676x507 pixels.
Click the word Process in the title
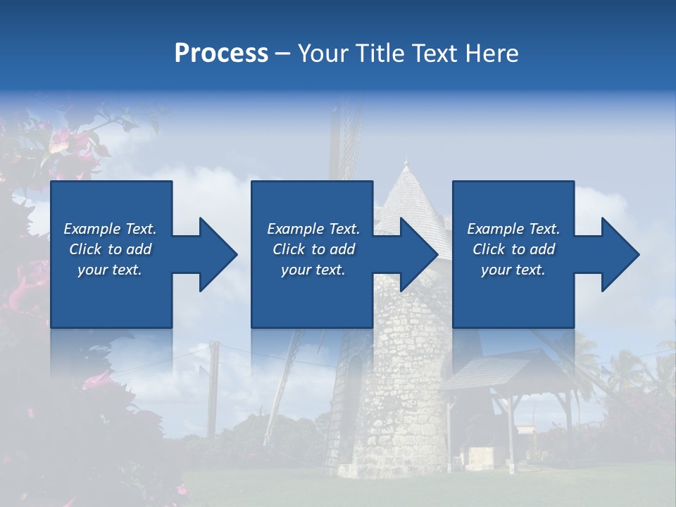(x=221, y=54)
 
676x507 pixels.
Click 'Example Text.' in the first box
(x=110, y=229)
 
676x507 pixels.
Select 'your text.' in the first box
(x=110, y=270)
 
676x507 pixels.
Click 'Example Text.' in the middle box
(x=313, y=229)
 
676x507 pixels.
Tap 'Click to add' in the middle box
(x=313, y=249)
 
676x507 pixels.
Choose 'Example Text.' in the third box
(x=513, y=229)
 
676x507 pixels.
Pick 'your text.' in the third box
(x=513, y=270)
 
